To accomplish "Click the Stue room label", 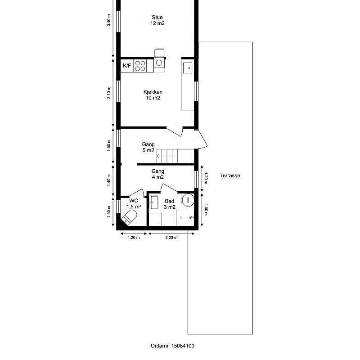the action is (157, 20).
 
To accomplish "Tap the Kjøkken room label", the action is (153, 95).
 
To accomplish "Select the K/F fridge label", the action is (127, 66).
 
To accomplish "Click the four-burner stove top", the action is (140, 66).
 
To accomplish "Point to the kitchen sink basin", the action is (188, 68).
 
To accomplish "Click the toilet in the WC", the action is (129, 217).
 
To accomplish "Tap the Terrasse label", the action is (230, 175).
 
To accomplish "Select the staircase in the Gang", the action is (167, 156).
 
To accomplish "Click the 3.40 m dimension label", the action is (108, 20).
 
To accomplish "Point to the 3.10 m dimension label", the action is (108, 93).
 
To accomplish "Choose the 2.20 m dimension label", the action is (171, 238).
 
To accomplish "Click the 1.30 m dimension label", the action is (108, 211).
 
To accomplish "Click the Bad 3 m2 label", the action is (170, 204).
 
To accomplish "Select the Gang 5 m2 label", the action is (148, 148).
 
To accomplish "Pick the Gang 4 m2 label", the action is (158, 174).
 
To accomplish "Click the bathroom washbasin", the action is (153, 202).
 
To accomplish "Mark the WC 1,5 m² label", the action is (134, 204).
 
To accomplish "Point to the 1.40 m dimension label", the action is (108, 180).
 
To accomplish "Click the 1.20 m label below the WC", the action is (134, 238).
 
